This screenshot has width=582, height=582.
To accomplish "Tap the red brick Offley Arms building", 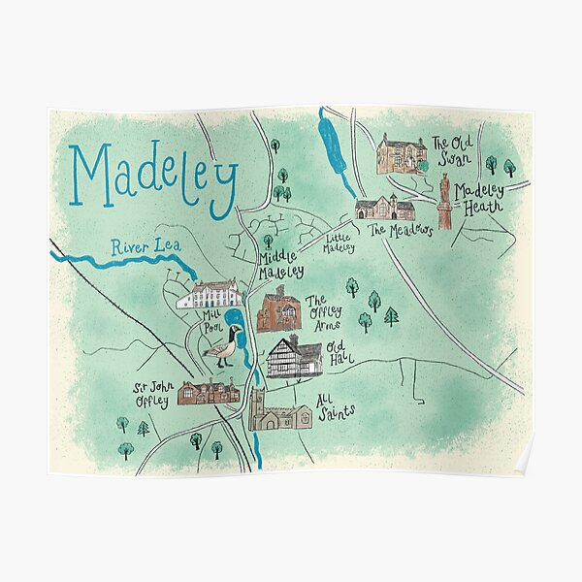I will click(x=279, y=310).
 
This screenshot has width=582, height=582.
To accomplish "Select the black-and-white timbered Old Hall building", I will click(x=294, y=357).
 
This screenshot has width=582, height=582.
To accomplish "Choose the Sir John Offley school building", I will click(x=208, y=391).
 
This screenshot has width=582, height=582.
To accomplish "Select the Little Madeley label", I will click(x=339, y=242).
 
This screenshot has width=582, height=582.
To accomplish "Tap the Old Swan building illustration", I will click(x=402, y=155).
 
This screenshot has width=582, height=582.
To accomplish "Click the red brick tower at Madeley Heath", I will click(x=445, y=202).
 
